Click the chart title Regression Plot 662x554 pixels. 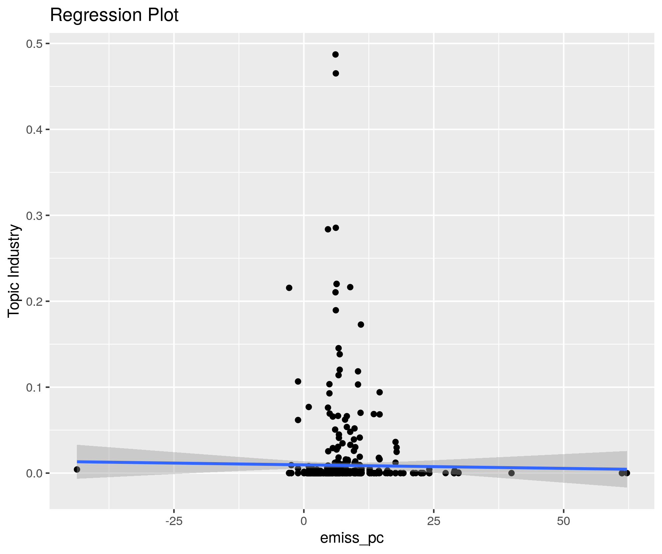[114, 15]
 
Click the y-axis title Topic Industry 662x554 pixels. [14, 271]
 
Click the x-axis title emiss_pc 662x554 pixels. [352, 538]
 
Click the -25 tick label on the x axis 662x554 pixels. [174, 521]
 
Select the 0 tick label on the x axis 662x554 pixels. [303, 521]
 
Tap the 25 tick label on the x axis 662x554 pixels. [433, 521]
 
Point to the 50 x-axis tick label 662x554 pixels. [564, 521]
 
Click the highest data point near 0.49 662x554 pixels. [335, 54]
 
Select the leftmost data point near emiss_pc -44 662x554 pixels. [77, 469]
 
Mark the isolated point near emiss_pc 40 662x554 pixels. [512, 473]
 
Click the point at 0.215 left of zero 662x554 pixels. [289, 288]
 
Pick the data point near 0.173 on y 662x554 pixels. [361, 324]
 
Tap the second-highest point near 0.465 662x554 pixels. [336, 73]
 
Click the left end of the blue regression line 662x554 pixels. [78, 462]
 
